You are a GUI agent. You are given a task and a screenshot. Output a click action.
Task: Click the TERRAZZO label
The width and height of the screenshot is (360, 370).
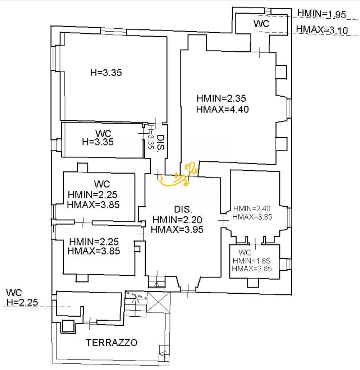[112, 343]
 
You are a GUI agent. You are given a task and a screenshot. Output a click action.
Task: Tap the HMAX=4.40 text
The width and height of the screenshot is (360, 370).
[222, 110]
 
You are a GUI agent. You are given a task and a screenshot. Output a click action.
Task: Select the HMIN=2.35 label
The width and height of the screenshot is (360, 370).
[221, 99]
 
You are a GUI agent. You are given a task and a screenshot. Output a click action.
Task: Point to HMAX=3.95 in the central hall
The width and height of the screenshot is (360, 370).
[177, 229]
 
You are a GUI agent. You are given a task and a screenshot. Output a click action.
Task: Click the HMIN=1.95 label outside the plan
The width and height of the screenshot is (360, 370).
[322, 14]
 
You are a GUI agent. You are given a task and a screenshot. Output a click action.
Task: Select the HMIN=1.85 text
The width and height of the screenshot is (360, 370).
[252, 261]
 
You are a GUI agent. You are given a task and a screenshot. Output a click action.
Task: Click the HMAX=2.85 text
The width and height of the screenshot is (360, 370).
[252, 269]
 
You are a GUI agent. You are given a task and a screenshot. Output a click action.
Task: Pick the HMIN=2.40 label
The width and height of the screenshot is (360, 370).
[252, 209]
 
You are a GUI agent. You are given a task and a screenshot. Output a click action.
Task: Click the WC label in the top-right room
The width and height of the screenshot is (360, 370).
[261, 24]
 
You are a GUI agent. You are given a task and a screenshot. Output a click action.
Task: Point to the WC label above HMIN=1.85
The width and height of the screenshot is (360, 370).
[245, 253]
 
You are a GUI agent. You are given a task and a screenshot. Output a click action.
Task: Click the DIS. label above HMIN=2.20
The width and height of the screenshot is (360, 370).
[182, 210]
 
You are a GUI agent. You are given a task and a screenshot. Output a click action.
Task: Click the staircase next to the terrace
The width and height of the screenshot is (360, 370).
[136, 306]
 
